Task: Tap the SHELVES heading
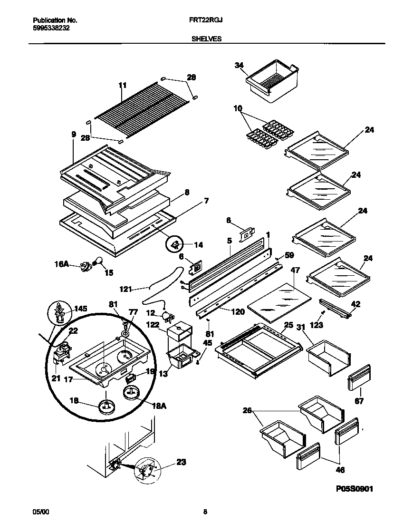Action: tap(206, 39)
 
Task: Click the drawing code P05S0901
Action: tap(350, 488)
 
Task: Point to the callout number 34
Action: tap(239, 65)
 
